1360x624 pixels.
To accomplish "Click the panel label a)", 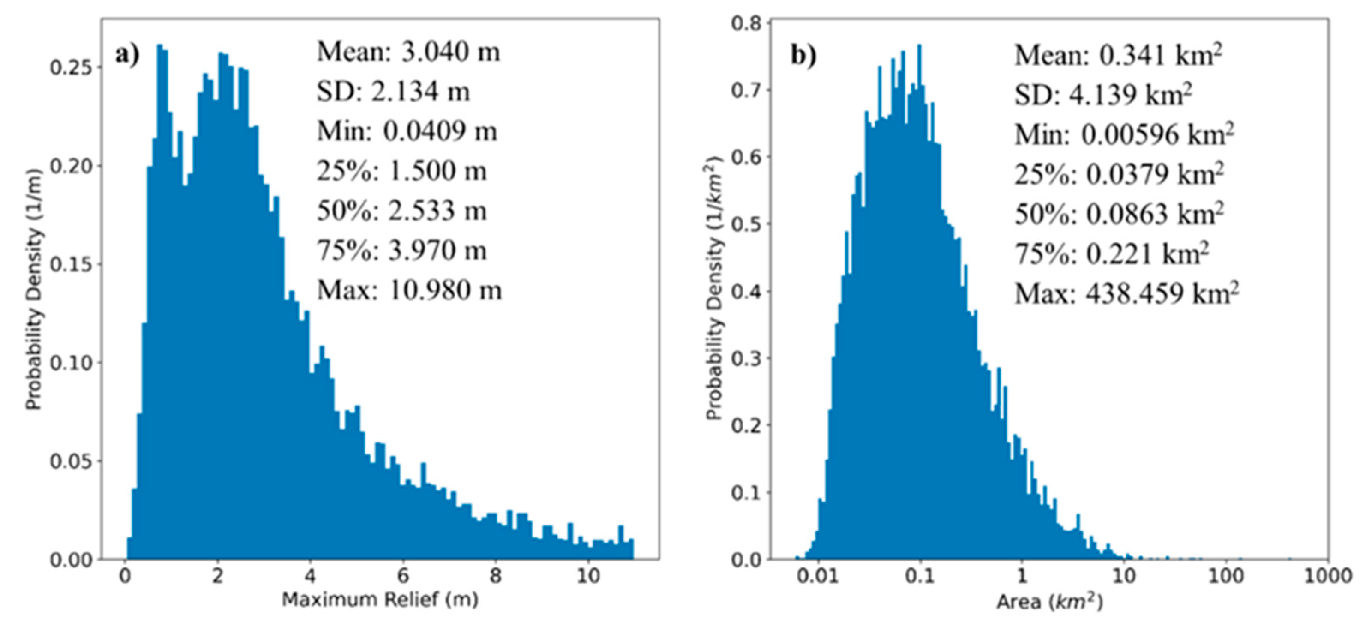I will pos(127,55).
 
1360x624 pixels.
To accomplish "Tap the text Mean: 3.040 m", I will pos(408,52).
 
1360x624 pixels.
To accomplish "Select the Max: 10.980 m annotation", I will pos(409,290).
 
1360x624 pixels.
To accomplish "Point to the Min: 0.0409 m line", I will pos(407,131).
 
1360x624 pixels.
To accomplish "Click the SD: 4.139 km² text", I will pos(1103,96).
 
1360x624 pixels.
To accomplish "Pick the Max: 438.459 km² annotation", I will pos(1126,293).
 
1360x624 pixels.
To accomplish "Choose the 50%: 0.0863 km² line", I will pos(1119,214).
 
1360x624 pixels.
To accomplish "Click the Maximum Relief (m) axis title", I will pos(380,599).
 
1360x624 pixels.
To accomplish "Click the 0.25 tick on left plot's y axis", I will pos(71,68).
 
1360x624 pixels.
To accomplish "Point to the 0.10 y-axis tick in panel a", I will pos(71,363).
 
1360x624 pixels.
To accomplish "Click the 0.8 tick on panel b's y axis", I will pos(746,23).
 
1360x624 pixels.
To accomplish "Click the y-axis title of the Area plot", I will pos(714,288).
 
